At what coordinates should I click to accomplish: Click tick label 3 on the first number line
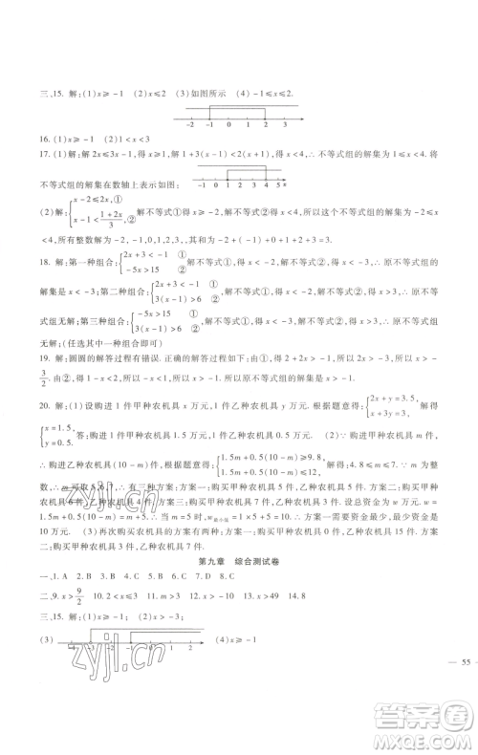pyautogui.click(x=284, y=125)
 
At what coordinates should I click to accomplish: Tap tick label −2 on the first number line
pyautogui.click(x=191, y=125)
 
